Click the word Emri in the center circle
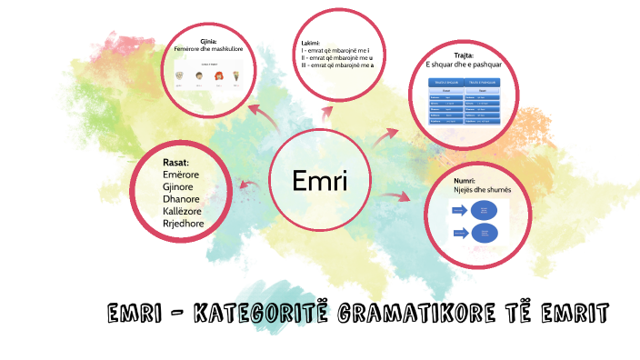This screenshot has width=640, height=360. tap(319, 181)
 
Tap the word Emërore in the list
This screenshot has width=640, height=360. tap(181, 175)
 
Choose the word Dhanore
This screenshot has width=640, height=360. tap(181, 199)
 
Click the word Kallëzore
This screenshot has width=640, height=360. tap(184, 211)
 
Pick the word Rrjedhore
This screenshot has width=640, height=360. tap(183, 223)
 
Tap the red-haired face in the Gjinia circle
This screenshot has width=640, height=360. tap(218, 75)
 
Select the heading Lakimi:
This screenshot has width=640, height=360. tap(311, 44)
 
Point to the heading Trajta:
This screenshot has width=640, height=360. tap(464, 56)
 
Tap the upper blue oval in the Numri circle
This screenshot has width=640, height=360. tap(485, 211)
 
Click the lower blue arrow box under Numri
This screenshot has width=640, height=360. tap(457, 233)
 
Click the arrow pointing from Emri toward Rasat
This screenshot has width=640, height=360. tap(246, 186)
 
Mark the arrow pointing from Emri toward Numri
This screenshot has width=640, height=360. tap(395, 195)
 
